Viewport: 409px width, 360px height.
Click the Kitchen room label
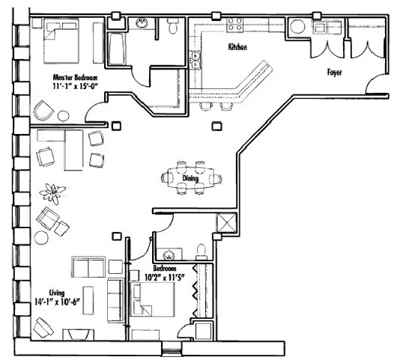click(x=237, y=47)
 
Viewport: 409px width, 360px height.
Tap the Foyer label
click(x=334, y=72)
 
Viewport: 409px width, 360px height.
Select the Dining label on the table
click(x=190, y=178)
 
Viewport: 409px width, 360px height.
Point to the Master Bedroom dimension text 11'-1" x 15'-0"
click(x=75, y=86)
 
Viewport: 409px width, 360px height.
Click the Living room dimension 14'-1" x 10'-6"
click(x=57, y=302)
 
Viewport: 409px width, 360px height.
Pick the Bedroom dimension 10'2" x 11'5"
click(x=164, y=278)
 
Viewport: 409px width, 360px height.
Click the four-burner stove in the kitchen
click(x=234, y=25)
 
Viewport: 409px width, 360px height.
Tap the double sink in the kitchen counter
click(x=196, y=60)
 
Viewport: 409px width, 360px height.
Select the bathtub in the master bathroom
click(x=117, y=49)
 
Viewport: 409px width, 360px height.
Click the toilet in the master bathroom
click(x=172, y=25)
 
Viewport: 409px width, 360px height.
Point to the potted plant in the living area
click(x=52, y=193)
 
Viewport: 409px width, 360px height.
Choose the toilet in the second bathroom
click(x=201, y=251)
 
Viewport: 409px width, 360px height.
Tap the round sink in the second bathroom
click(x=169, y=254)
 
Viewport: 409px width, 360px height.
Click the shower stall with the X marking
click(x=227, y=222)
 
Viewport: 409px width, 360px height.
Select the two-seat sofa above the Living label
click(x=88, y=267)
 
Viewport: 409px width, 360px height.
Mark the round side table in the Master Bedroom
click(x=64, y=116)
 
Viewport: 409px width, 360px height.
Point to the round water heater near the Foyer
click(x=297, y=27)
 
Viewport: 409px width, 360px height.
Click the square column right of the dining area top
click(x=216, y=126)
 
